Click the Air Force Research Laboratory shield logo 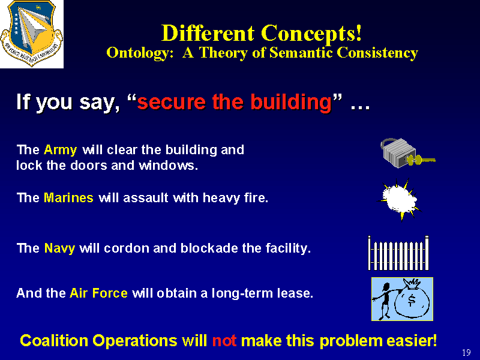32,33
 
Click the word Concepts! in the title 311,34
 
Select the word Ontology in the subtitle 138,53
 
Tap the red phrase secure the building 235,102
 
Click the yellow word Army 61,151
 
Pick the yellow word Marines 68,198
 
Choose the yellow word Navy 59,248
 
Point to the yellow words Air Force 98,293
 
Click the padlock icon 398,153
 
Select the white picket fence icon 398,253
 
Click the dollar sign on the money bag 412,300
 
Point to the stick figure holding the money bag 385,301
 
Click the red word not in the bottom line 224,341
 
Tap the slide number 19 466,353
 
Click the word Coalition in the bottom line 54,340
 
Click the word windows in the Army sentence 168,166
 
